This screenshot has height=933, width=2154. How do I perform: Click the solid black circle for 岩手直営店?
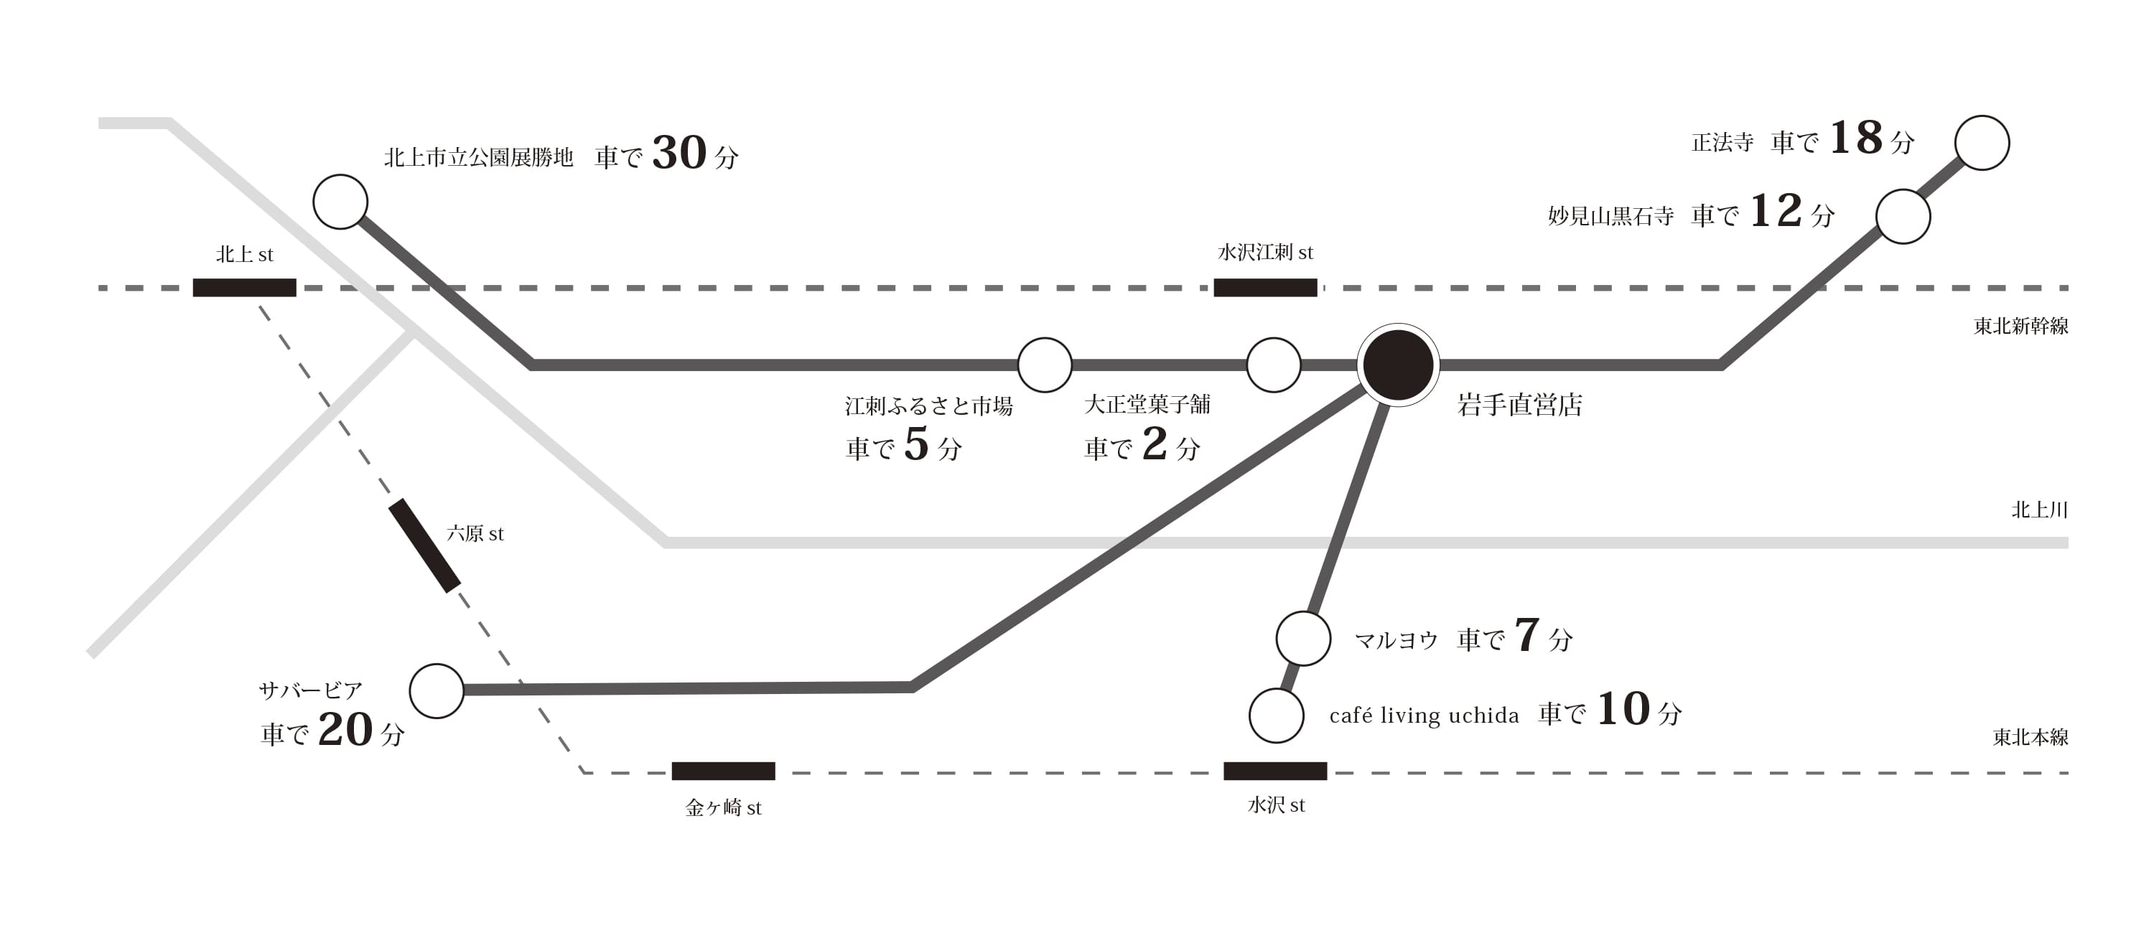[x=1398, y=365]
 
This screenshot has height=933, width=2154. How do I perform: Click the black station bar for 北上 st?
[x=244, y=288]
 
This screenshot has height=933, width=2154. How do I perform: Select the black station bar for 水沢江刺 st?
[x=1265, y=288]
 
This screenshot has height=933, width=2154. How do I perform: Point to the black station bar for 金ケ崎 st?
[x=723, y=771]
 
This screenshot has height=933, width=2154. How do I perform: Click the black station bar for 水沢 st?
[x=1275, y=771]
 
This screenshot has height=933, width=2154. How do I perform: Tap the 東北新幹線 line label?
[x=2021, y=326]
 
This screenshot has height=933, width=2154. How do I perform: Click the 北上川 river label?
[x=2039, y=510]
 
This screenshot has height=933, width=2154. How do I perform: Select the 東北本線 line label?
[x=2031, y=737]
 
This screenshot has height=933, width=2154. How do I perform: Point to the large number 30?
[x=679, y=153]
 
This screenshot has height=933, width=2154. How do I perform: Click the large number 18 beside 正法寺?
[x=1856, y=138]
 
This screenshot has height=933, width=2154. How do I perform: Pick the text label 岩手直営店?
[x=1519, y=405]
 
